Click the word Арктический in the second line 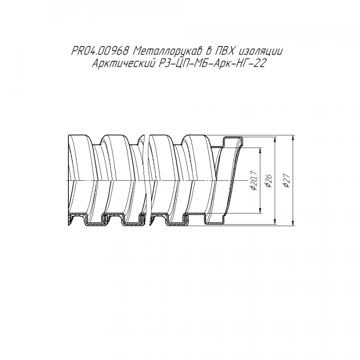click(x=123, y=63)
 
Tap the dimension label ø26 click(x=268, y=181)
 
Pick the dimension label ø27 click(x=287, y=181)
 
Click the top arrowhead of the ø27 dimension click(x=293, y=138)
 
